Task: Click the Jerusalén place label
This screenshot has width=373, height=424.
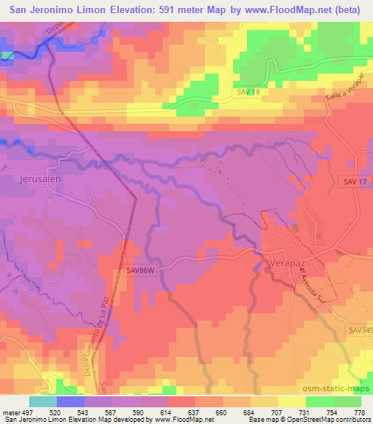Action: click(36, 179)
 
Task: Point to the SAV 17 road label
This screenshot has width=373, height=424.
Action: click(353, 181)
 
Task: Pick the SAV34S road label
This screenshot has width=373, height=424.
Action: click(360, 330)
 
